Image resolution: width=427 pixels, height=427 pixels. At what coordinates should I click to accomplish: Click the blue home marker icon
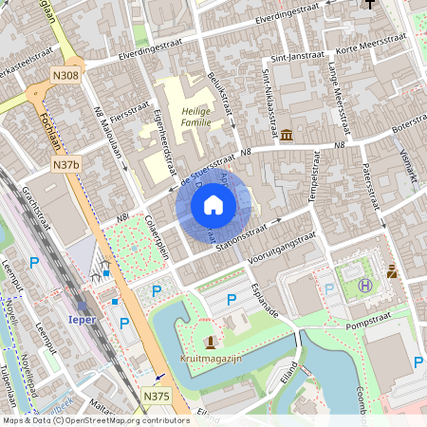213,204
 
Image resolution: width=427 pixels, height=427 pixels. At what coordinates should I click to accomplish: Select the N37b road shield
65,165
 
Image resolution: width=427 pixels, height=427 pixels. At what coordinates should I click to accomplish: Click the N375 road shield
157,395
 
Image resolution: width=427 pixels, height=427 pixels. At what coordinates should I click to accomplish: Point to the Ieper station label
82,320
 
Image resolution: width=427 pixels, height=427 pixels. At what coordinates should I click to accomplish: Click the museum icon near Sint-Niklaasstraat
286,133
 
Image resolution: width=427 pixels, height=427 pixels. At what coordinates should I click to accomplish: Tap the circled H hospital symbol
364,285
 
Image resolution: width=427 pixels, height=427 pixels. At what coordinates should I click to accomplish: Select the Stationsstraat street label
250,231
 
